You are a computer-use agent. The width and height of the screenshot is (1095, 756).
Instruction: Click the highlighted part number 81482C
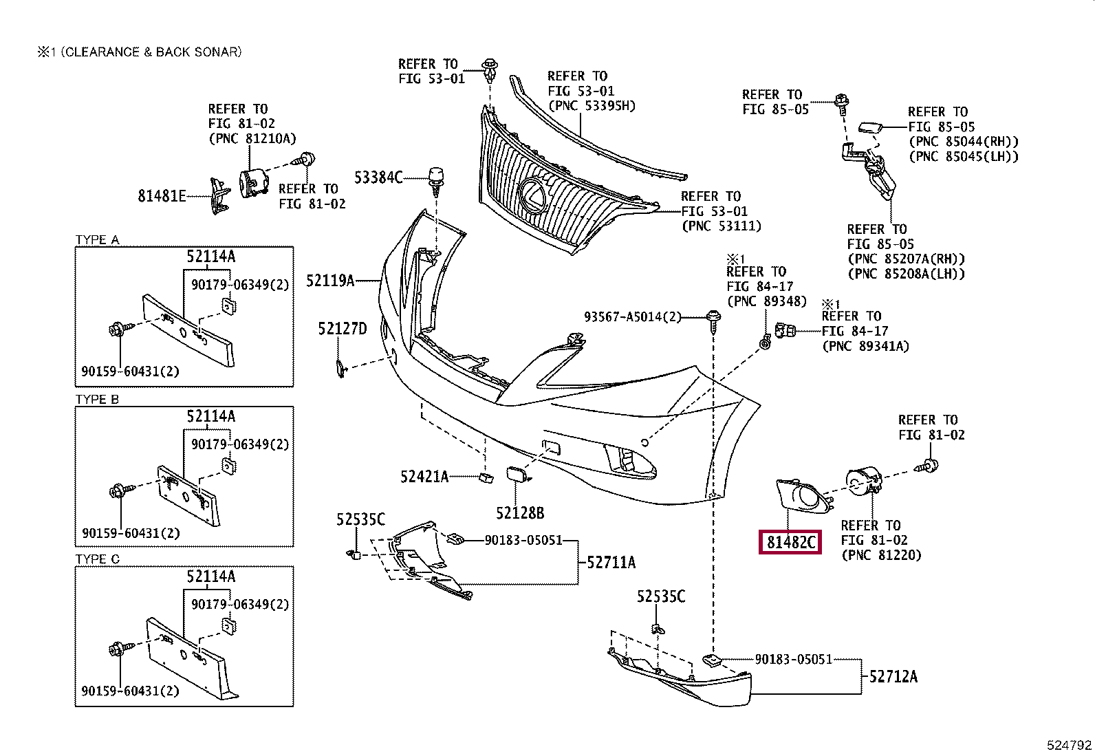(x=790, y=542)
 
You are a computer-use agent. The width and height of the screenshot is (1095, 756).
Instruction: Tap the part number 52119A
(x=330, y=281)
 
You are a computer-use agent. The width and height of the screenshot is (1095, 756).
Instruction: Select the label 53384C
(x=378, y=177)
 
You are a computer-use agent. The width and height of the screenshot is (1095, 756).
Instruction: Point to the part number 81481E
(x=162, y=196)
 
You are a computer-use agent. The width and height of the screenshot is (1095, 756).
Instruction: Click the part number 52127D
(x=343, y=329)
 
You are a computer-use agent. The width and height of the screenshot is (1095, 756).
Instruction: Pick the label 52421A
(x=424, y=476)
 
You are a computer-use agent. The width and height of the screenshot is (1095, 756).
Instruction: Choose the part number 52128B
(x=520, y=513)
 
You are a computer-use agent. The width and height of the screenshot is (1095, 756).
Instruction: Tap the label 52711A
(x=611, y=563)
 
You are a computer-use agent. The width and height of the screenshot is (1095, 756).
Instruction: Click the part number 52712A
(x=893, y=677)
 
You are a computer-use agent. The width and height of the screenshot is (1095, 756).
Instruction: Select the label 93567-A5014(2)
(x=633, y=317)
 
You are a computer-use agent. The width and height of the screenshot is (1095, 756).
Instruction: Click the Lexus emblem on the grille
(x=532, y=196)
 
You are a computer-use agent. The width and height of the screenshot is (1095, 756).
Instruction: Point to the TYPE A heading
(x=97, y=239)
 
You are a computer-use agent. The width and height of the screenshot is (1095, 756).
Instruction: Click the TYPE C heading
(x=97, y=559)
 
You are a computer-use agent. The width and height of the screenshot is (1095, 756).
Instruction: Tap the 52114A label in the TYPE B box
(x=210, y=416)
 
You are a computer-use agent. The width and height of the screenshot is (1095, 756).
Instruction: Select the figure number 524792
(x=1069, y=745)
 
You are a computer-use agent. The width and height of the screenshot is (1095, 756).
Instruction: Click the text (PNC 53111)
(x=722, y=226)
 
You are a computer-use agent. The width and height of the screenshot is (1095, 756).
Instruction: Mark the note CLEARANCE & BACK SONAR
(x=151, y=52)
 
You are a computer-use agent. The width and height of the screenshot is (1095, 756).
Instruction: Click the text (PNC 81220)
(x=881, y=555)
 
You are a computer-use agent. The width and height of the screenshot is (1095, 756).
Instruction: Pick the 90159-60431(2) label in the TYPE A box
(x=130, y=371)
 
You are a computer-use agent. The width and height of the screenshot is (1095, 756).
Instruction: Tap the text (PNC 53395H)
(x=592, y=106)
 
